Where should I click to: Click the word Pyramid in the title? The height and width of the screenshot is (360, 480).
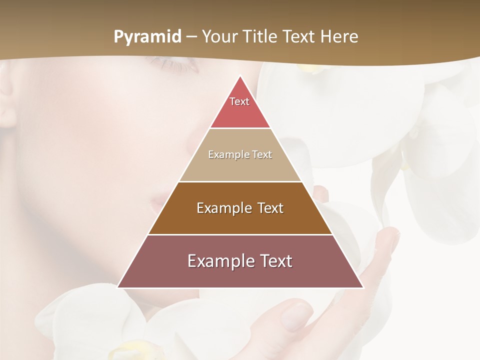coord(147,37)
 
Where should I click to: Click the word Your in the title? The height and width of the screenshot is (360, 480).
coord(219,37)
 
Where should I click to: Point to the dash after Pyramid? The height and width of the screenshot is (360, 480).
coord(191,37)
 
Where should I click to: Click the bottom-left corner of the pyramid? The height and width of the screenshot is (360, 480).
coord(118,287)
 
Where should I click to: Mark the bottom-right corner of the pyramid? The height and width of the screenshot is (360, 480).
coord(362,287)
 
